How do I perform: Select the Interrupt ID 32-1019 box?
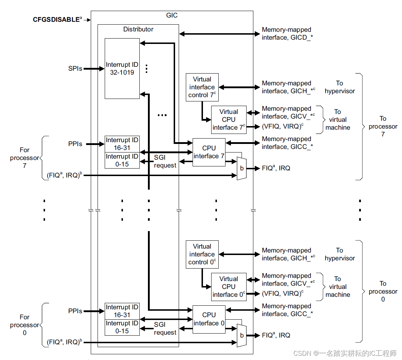click(122, 69)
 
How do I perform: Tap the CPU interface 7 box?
click(209, 152)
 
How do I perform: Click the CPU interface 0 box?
click(209, 319)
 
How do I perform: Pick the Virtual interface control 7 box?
click(202, 87)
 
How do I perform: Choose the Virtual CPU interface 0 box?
click(229, 287)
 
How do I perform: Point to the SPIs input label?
click(75, 68)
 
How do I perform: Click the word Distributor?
click(138, 29)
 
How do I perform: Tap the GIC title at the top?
click(172, 15)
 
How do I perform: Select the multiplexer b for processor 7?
click(242, 168)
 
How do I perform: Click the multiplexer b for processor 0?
click(242, 335)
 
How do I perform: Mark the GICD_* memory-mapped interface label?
click(287, 34)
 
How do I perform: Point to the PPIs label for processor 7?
click(75, 144)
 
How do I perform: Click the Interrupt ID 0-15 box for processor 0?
click(122, 327)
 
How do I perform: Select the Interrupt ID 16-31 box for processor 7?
click(122, 144)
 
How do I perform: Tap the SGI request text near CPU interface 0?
click(165, 329)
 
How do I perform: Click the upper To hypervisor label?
click(339, 87)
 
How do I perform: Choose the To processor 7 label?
click(383, 126)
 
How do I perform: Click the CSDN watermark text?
click(345, 353)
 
